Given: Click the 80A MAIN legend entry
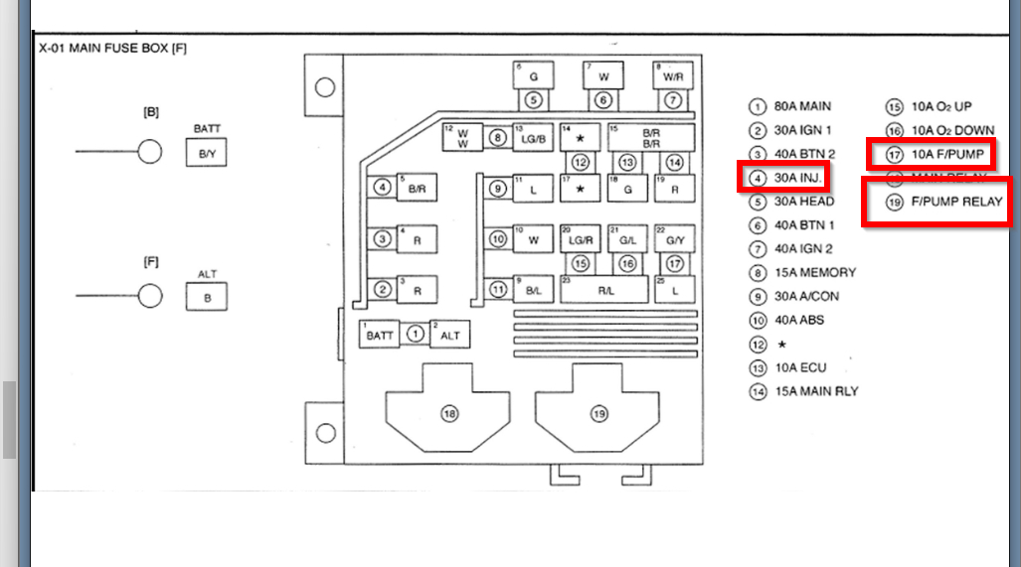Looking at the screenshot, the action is [802, 106].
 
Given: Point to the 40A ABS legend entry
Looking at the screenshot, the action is [797, 320].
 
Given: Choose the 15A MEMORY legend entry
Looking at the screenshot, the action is [813, 272].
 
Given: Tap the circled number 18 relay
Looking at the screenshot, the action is [450, 414].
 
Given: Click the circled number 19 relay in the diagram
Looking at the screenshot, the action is [598, 414].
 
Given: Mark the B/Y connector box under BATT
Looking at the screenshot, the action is [207, 153].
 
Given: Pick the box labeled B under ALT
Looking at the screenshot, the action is [207, 296].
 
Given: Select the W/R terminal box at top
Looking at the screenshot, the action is [673, 75].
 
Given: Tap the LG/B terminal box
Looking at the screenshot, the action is [532, 140].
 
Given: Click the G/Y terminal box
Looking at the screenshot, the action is [674, 239].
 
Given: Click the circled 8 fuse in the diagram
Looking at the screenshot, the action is [497, 139].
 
